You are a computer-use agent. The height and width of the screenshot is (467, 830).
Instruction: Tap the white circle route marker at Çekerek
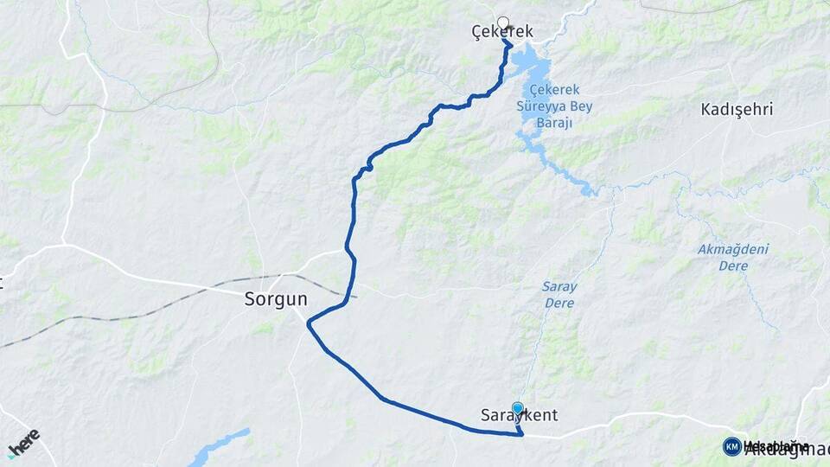click(503, 22)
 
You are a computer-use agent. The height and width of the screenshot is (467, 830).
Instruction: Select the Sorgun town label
click(271, 301)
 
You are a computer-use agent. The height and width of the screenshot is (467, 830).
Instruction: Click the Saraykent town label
click(519, 416)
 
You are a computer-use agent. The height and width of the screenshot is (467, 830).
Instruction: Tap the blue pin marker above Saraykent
click(517, 408)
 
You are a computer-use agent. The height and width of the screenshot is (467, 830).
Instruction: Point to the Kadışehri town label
click(737, 110)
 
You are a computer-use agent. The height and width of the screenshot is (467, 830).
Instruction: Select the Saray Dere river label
click(560, 294)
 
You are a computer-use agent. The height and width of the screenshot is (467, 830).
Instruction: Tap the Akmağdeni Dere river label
click(733, 258)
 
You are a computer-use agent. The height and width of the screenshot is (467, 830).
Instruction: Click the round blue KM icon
click(732, 446)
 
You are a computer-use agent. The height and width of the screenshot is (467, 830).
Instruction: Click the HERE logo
click(23, 441)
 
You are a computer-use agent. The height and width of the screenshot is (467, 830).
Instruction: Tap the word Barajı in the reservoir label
click(557, 124)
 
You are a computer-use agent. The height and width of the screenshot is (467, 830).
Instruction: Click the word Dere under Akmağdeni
click(733, 266)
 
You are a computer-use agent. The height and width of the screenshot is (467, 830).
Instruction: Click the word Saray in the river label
click(560, 286)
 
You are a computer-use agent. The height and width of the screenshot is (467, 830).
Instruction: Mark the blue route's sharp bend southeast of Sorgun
click(309, 321)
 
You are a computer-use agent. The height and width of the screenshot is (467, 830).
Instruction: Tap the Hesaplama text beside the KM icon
click(776, 446)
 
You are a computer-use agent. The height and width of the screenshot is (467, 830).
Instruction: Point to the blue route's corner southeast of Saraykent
click(522, 434)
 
